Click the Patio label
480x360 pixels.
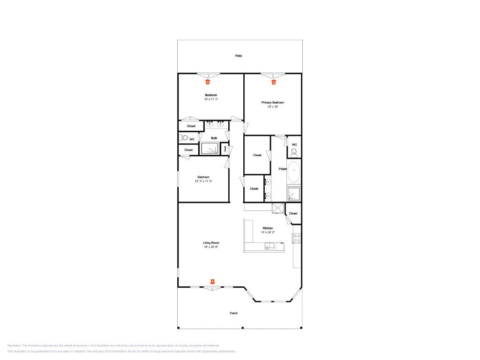point(239,56)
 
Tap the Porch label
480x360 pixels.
point(233,313)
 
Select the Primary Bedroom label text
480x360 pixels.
point(272,102)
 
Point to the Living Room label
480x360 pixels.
point(211,243)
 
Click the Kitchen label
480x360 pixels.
point(268,228)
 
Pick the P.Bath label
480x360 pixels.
point(283,169)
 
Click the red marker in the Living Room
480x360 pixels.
point(212,282)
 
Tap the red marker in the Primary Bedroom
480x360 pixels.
point(274,82)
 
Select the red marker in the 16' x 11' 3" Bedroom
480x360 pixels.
point(208,82)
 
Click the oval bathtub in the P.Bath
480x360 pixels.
point(293,172)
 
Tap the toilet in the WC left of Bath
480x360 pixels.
point(184,138)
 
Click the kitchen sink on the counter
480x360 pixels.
point(270,246)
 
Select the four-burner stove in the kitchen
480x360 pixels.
point(297,238)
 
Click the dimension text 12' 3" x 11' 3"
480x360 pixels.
point(204,181)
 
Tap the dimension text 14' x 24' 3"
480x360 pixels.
point(268,232)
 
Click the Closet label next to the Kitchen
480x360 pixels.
point(293,213)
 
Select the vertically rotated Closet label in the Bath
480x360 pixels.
point(225,149)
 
